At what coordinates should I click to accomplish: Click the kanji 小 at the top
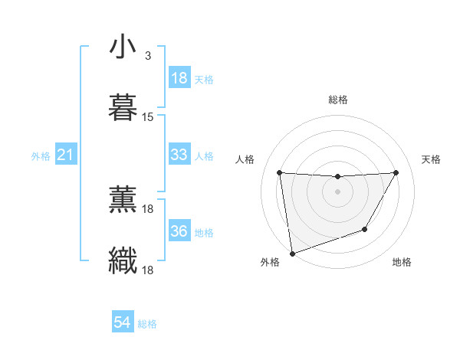pyautogui.click(x=123, y=47)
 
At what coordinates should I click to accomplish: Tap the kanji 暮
pyautogui.click(x=123, y=108)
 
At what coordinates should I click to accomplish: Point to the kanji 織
pyautogui.click(x=123, y=260)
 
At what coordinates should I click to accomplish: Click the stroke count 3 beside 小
pyautogui.click(x=147, y=56)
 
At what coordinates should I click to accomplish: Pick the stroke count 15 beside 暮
pyautogui.click(x=148, y=117)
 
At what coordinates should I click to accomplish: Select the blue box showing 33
pyautogui.click(x=179, y=155)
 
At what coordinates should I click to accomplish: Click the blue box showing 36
pyautogui.click(x=179, y=231)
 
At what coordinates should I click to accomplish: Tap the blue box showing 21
pyautogui.click(x=65, y=155)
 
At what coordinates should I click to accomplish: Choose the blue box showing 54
pyautogui.click(x=122, y=323)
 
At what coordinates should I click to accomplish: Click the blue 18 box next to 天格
pyautogui.click(x=179, y=78)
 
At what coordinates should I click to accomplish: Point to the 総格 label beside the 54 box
pyautogui.click(x=147, y=324)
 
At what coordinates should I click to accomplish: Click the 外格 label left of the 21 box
pyautogui.click(x=41, y=156)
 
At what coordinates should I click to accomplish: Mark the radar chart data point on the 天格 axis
pyautogui.click(x=396, y=172)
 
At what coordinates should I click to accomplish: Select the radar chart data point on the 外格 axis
pyautogui.click(x=291, y=253)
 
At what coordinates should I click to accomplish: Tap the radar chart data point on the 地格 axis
pyautogui.click(x=365, y=229)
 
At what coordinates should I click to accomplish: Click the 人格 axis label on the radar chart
pyautogui.click(x=246, y=159)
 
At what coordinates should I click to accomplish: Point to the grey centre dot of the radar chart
pyautogui.click(x=337, y=191)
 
